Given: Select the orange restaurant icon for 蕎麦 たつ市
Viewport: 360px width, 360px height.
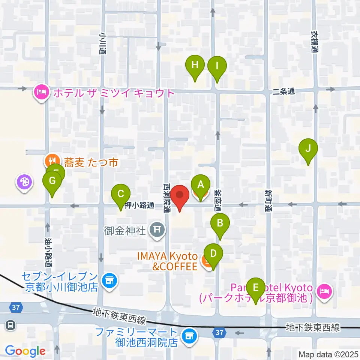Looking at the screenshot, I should click(x=50, y=162).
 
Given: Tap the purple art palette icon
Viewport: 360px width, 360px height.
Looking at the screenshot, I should click(x=24, y=183).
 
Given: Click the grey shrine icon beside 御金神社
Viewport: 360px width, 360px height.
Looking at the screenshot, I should click(x=156, y=229).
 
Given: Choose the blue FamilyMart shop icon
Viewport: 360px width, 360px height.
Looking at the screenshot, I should click(x=188, y=334).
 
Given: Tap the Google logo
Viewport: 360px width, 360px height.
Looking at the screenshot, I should click(x=25, y=351).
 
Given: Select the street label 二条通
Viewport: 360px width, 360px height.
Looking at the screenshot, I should click(x=284, y=91).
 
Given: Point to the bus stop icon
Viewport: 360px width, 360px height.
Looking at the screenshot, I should click(x=11, y=325).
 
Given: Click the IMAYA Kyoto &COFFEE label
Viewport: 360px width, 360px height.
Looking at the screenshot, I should click(x=172, y=261).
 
